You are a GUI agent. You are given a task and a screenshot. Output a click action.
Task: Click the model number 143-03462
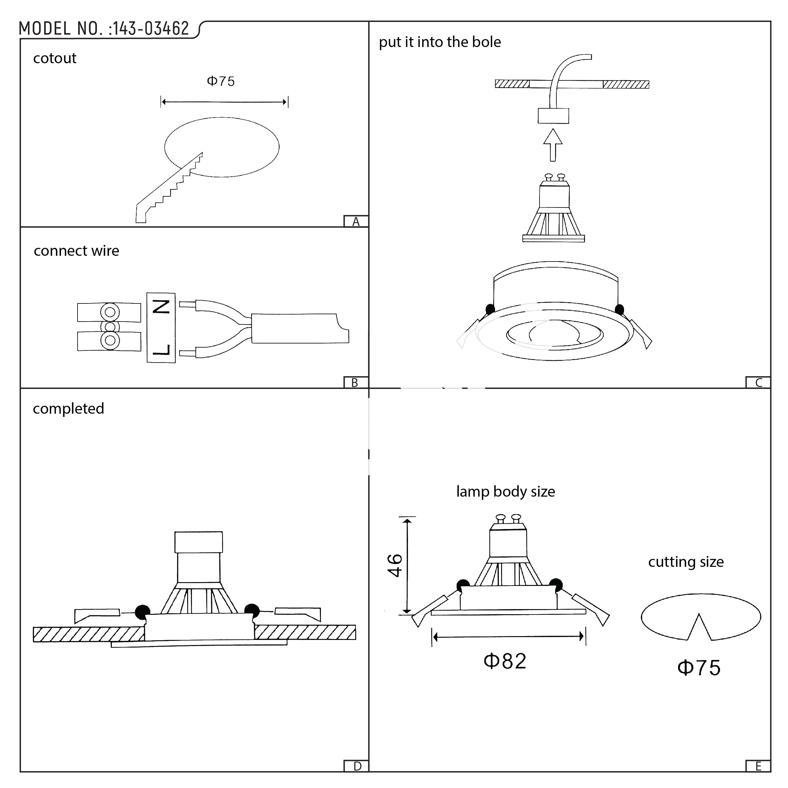click(x=151, y=29)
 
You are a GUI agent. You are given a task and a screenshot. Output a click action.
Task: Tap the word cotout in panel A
click(x=55, y=58)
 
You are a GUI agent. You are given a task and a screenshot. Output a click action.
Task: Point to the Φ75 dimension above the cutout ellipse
click(x=221, y=81)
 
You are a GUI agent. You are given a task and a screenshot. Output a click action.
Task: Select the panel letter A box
click(x=356, y=221)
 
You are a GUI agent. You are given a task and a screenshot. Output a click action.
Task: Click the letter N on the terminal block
click(x=161, y=307)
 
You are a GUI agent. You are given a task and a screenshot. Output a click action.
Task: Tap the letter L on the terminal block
click(x=161, y=350)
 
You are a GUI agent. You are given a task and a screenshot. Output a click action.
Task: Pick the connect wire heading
click(x=76, y=251)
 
